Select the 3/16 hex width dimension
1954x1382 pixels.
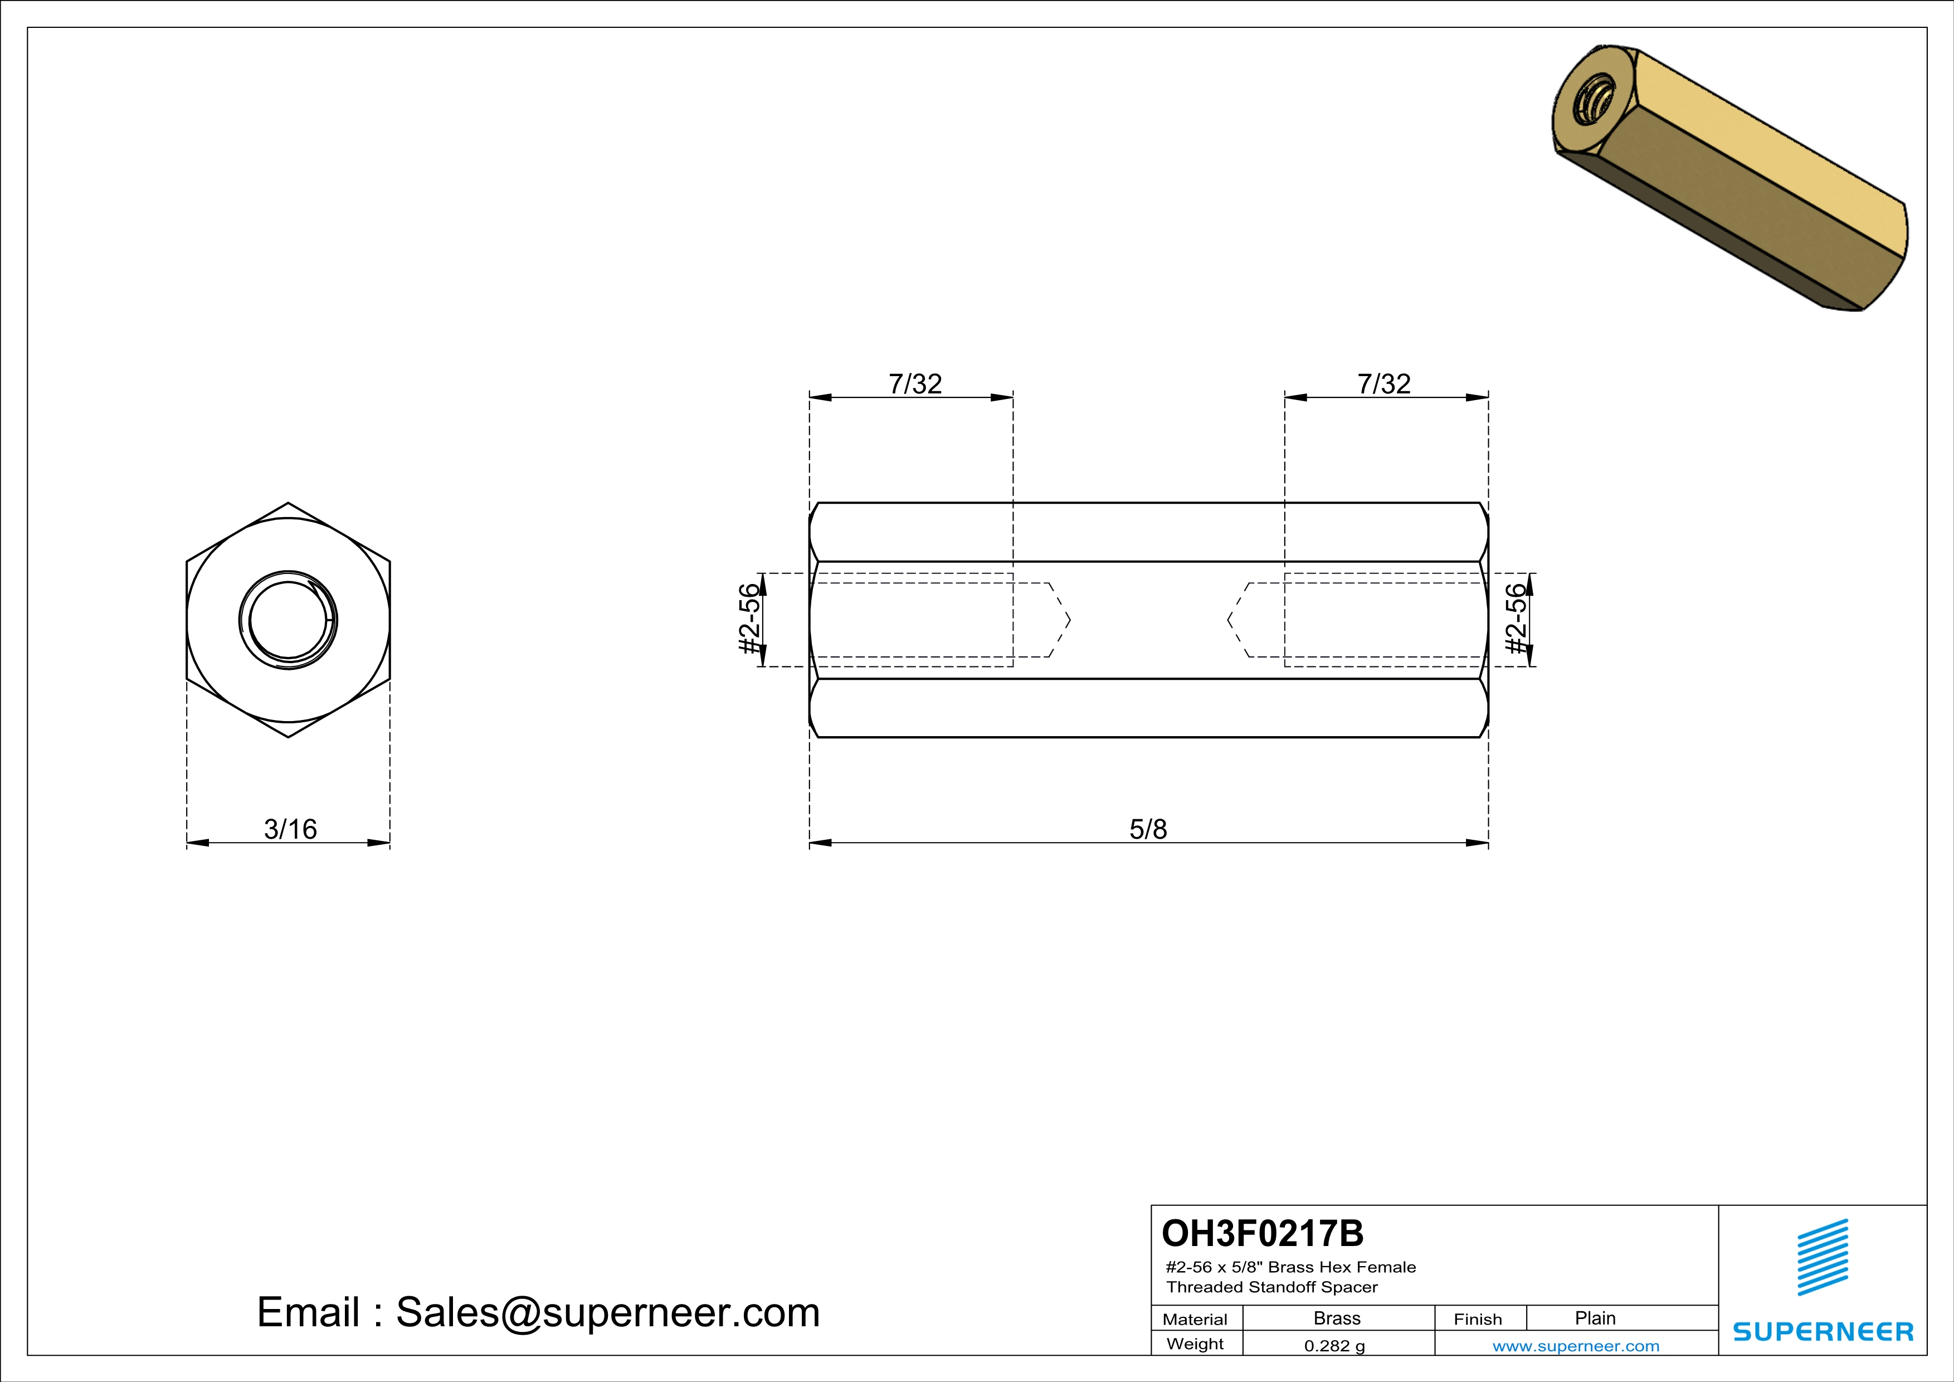click(x=290, y=829)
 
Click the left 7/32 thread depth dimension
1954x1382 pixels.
click(x=915, y=384)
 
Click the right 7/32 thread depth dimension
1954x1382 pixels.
click(x=1384, y=384)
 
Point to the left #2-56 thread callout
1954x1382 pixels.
click(x=748, y=620)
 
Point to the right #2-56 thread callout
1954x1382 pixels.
click(x=1516, y=620)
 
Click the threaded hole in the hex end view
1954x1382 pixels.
click(x=289, y=620)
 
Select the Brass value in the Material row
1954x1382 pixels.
click(x=1337, y=1318)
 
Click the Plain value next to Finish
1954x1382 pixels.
click(x=1595, y=1318)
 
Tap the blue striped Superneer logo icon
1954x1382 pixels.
click(x=1822, y=1257)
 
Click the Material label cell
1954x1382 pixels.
click(x=1195, y=1319)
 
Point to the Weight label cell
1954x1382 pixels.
click(x=1195, y=1344)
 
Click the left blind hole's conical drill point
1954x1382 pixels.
click(x=1060, y=620)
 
